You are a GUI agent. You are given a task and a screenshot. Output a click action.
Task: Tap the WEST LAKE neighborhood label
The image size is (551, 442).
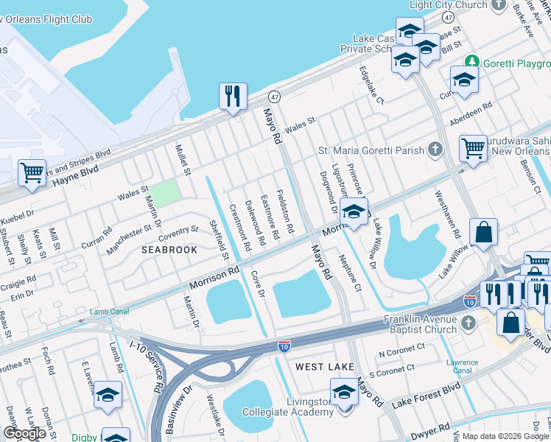tap(320, 366)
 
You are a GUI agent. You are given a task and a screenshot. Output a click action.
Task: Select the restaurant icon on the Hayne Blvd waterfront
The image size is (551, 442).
tap(233, 96)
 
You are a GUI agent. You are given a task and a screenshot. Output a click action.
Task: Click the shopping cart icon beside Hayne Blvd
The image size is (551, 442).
tap(32, 174)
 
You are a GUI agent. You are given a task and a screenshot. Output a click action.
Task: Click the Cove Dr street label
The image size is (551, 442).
tap(258, 283)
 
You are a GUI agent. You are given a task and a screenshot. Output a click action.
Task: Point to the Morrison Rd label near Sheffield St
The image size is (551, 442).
tap(214, 277)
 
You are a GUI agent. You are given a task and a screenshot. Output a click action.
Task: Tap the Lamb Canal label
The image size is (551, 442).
tap(109, 312)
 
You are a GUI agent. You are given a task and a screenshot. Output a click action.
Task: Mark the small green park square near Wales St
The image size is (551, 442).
tap(167, 192)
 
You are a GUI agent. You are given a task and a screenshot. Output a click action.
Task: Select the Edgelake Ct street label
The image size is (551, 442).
tap(371, 85)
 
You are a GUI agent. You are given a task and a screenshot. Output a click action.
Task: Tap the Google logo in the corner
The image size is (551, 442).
tap(24, 433)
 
